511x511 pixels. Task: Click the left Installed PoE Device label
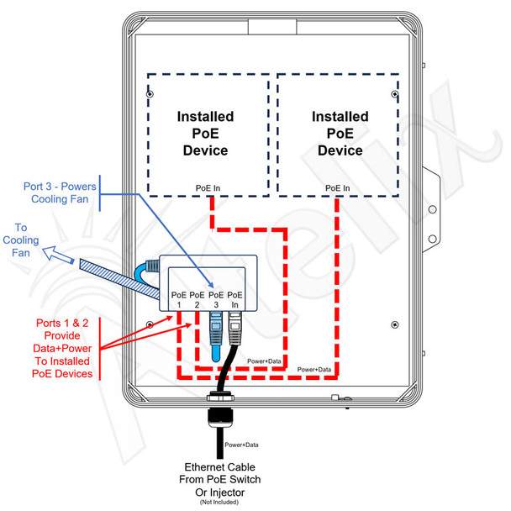pyautogui.click(x=205, y=134)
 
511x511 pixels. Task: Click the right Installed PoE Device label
pyautogui.click(x=340, y=134)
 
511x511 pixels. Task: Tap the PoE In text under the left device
pyautogui.click(x=208, y=188)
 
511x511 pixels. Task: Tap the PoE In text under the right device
pyautogui.click(x=338, y=188)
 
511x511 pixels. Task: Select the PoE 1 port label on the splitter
pyautogui.click(x=179, y=300)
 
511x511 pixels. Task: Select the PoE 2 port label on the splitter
pyautogui.click(x=197, y=300)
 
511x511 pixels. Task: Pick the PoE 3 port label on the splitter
pyautogui.click(x=216, y=300)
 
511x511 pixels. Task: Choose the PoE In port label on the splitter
pyautogui.click(x=234, y=300)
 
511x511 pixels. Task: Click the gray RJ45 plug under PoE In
pyautogui.click(x=235, y=328)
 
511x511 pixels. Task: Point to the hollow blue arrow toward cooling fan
pyautogui.click(x=58, y=254)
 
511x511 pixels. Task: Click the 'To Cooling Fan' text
pyautogui.click(x=20, y=240)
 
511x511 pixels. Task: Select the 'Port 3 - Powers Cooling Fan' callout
pyautogui.click(x=60, y=192)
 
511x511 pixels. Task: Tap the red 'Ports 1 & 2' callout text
pyautogui.click(x=62, y=349)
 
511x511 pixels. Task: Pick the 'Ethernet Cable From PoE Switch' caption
pyautogui.click(x=220, y=473)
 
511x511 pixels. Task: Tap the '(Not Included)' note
pyautogui.click(x=219, y=503)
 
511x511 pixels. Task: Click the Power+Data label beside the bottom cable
pyautogui.click(x=241, y=445)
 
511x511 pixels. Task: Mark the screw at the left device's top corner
pyautogui.click(x=150, y=94)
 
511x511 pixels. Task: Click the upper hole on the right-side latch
pyautogui.click(x=433, y=209)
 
